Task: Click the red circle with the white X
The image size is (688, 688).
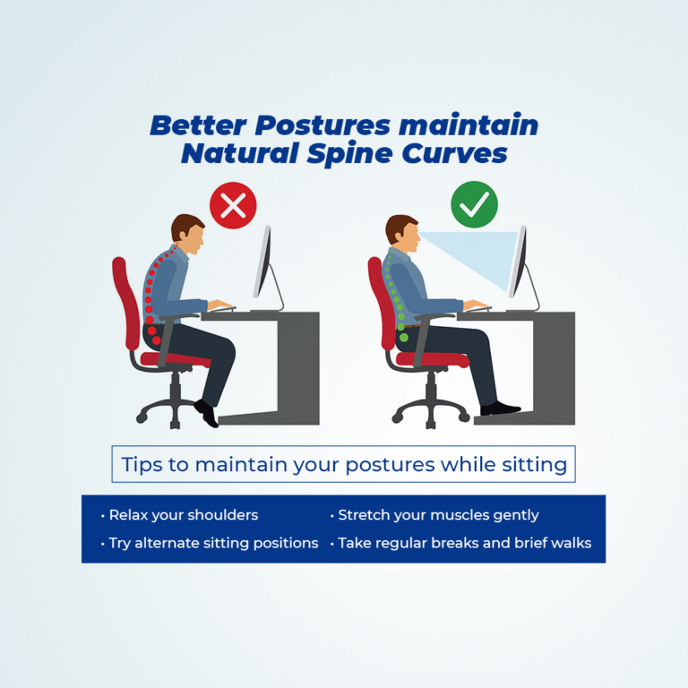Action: click(x=233, y=205)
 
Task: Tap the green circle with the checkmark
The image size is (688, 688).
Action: click(x=474, y=204)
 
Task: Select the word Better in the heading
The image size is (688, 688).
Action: click(x=198, y=125)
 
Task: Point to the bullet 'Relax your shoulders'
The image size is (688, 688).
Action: click(x=179, y=515)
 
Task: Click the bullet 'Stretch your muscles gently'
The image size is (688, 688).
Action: click(x=434, y=515)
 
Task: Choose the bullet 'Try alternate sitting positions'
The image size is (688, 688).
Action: click(x=210, y=543)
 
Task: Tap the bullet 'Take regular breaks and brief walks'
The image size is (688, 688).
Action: click(x=460, y=543)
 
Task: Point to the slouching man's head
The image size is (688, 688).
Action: click(x=188, y=234)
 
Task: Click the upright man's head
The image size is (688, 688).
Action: click(x=402, y=234)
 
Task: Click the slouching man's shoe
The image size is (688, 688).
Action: click(x=207, y=413)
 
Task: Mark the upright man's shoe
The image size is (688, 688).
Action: click(x=500, y=408)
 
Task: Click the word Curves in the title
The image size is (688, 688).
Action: click(x=454, y=153)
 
